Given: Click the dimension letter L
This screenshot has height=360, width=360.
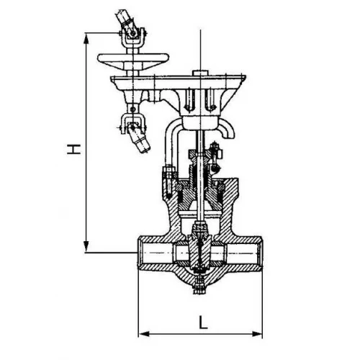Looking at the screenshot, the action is pos(203,322).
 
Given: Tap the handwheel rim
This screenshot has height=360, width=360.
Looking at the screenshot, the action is pos(133,58).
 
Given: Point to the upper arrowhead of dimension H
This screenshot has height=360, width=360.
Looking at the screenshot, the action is pos(86,38).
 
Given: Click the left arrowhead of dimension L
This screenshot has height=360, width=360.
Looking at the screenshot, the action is pos(144,334).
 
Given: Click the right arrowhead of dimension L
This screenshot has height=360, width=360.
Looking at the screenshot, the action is pos(256,334).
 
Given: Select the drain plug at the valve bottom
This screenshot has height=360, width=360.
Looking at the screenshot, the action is pos(199,285).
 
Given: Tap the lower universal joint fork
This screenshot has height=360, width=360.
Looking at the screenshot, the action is pos(132,123).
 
